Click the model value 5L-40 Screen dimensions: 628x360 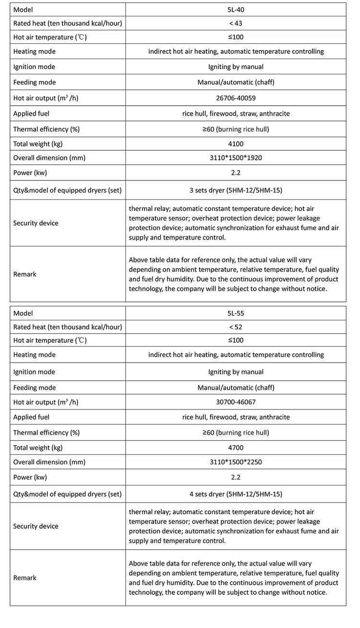pos(235,10)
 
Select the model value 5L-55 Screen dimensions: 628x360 pos(235,313)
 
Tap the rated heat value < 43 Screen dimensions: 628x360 pos(235,24)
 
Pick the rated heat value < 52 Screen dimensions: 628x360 pos(235,327)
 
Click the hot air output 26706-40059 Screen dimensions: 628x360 pos(236,98)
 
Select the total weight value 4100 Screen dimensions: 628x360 pos(235,144)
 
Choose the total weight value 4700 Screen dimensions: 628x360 pos(235,447)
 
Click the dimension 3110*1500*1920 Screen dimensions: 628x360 pos(236,158)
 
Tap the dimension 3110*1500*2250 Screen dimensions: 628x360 pos(236,462)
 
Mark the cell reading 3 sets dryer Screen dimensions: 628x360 pos(236,190)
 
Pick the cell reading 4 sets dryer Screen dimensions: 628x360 pos(236,494)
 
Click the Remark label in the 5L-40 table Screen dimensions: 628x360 pos(25,274)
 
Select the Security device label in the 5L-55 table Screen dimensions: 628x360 pos(36,526)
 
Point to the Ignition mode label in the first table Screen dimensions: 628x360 pos(34,67)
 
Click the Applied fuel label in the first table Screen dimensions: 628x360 pos(31,114)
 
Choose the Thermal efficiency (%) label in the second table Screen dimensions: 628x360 pos(47,433)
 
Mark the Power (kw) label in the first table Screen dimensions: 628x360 pos(30,173)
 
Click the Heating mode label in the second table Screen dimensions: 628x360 pos(34,355)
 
